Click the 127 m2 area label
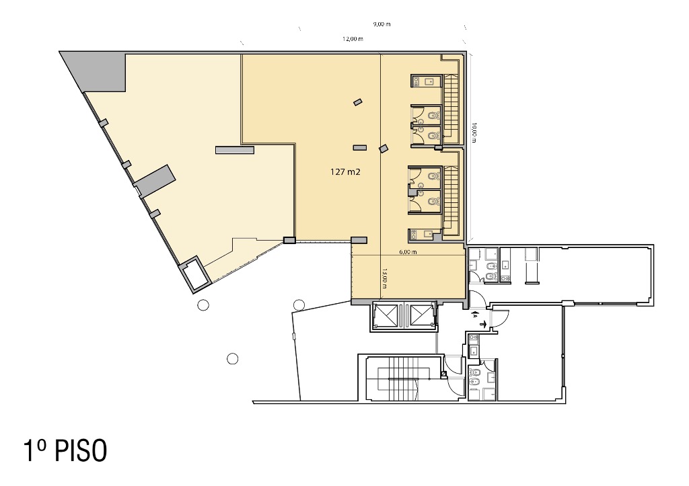(x=345, y=172)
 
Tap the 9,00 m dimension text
(x=382, y=24)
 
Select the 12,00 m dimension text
(x=353, y=38)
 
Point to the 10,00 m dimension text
(x=473, y=132)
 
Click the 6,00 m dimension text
(x=408, y=252)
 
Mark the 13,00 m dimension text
(x=384, y=278)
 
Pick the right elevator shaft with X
(x=421, y=315)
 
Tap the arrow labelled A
(x=474, y=315)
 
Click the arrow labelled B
(x=482, y=324)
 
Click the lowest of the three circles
(x=232, y=359)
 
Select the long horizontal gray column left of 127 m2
(x=235, y=150)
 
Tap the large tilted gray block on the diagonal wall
(x=155, y=180)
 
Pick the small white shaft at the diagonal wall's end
(x=194, y=274)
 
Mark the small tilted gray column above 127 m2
(x=358, y=102)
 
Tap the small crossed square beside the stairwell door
(x=443, y=374)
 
